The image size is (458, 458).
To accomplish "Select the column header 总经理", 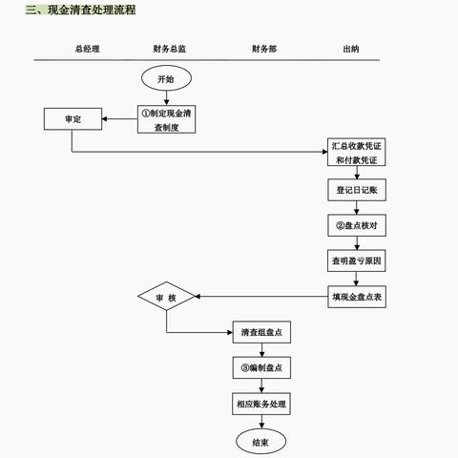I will pyautogui.click(x=88, y=48).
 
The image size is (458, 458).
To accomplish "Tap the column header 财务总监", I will pyautogui.click(x=168, y=48).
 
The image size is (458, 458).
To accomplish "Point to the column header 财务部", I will pyautogui.click(x=264, y=48).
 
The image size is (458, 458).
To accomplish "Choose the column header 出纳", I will pyautogui.click(x=351, y=48).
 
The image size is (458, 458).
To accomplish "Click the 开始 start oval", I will pyautogui.click(x=166, y=79).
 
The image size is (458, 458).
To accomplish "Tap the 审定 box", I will pyautogui.click(x=72, y=119).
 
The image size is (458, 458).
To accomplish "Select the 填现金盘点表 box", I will pyautogui.click(x=357, y=297).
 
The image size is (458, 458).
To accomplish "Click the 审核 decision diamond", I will pyautogui.click(x=166, y=298).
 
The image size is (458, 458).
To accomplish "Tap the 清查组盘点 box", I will pyautogui.click(x=260, y=333).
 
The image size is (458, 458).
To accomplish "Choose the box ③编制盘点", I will pyautogui.click(x=260, y=368).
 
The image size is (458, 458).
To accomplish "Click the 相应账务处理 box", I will pyautogui.click(x=260, y=404).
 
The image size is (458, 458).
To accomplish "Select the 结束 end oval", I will pyautogui.click(x=260, y=441).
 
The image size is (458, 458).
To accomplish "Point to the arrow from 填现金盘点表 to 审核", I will pyautogui.click(x=258, y=297).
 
